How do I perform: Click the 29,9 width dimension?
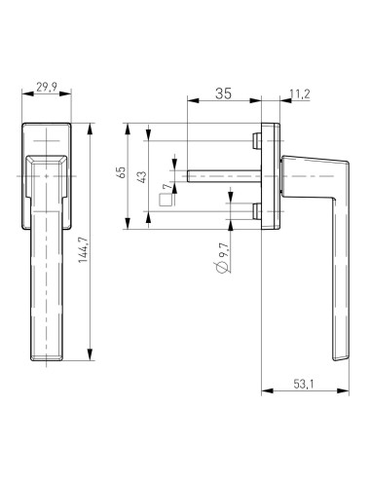point(47,87)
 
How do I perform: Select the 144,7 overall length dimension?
point(83,249)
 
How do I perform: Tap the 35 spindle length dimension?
point(224,93)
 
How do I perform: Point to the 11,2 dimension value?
point(300,94)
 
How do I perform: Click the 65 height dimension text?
point(121,172)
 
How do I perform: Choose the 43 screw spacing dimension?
point(142,176)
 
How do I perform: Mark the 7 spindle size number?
point(167,186)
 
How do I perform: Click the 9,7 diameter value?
point(225,250)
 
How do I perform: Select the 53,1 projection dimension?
point(304,385)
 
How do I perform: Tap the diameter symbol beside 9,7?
point(222,268)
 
